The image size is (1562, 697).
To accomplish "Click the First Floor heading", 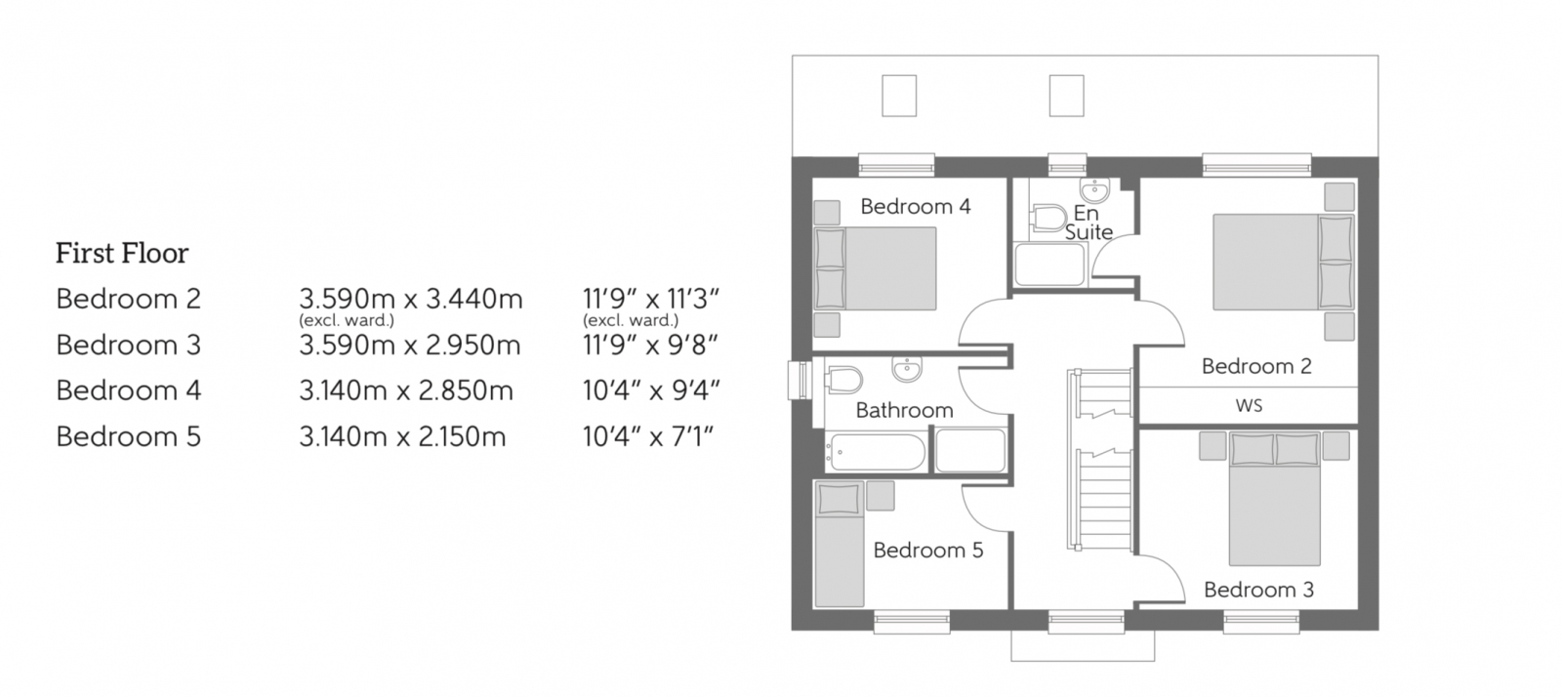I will click(x=122, y=254).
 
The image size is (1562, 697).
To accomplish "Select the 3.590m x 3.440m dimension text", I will click(x=410, y=299).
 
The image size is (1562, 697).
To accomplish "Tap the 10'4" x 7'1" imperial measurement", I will click(x=648, y=436).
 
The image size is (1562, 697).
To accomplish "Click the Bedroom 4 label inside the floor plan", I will click(x=915, y=206).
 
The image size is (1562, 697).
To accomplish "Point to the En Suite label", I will click(x=1088, y=223).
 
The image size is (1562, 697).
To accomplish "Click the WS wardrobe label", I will click(x=1249, y=405).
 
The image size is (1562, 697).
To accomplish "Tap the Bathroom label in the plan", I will click(x=904, y=410).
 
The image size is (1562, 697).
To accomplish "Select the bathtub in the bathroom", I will click(x=875, y=452).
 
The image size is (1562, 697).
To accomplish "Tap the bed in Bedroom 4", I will click(x=877, y=268).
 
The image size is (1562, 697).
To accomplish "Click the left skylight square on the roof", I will click(x=899, y=96).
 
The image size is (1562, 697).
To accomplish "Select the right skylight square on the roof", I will click(x=1066, y=96).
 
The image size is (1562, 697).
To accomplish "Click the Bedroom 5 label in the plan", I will click(x=927, y=551).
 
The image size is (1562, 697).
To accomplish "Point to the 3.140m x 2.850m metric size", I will click(x=405, y=390).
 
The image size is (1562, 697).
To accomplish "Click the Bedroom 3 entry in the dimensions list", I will click(x=128, y=345).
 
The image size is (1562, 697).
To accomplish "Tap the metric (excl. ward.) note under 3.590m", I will click(x=346, y=320).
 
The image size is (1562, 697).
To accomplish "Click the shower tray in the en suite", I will click(x=1049, y=264).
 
